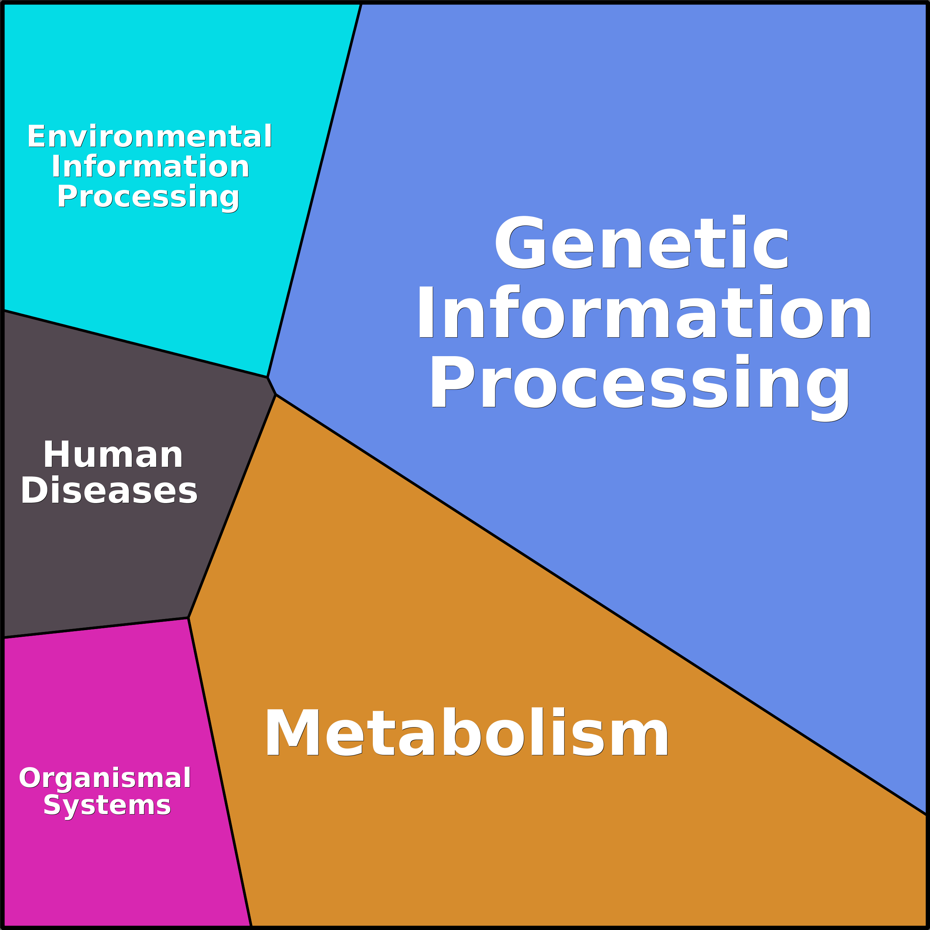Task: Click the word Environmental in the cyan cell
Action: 150,137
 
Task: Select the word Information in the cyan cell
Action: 150,167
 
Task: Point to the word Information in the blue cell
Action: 644,312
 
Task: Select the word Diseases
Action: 109,491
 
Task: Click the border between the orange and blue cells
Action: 597,602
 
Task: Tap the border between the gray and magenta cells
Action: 96,628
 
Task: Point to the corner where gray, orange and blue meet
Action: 276,395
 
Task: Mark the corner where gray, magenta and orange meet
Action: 188,618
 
